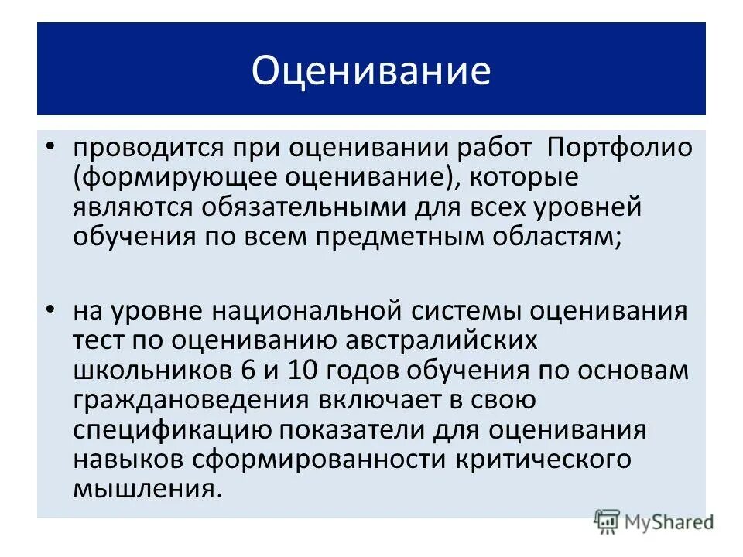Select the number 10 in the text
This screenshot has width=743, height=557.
click(304, 371)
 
